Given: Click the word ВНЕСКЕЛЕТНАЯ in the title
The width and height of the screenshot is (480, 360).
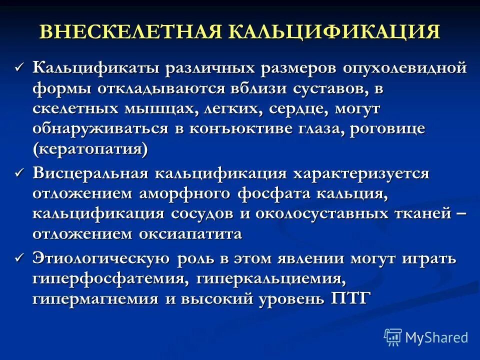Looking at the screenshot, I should pos(130,31).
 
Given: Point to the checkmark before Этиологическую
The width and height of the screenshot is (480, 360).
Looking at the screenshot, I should pos(19,257).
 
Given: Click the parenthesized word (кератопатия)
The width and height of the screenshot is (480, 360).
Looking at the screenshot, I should pos(90,149).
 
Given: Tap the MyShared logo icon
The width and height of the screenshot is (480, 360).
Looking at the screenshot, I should pos(393,337).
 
